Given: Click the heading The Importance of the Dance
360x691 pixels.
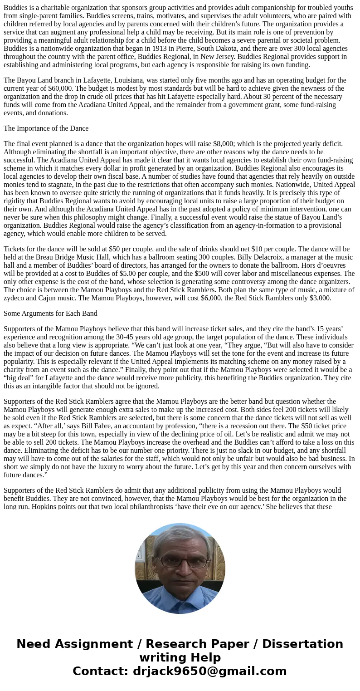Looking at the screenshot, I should tap(46, 128).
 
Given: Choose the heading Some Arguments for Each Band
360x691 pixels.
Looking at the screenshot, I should tap(50, 314).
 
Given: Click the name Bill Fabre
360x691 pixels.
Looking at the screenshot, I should tap(141, 426).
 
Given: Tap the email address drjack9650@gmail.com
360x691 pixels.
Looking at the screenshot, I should tap(209, 671).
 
